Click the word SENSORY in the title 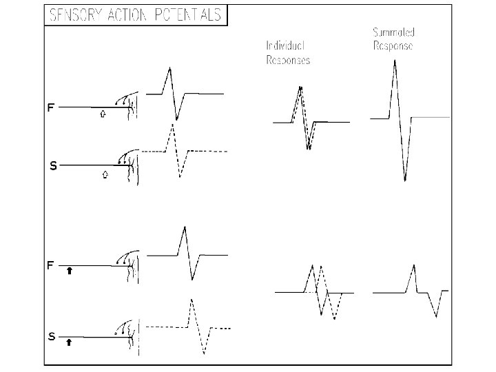(x=72, y=16)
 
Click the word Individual (x=285, y=45)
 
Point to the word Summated (x=393, y=32)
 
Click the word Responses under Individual (x=288, y=60)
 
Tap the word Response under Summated (x=392, y=47)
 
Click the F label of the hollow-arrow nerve (x=51, y=107)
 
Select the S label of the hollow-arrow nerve (x=52, y=166)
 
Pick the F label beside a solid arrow (x=51, y=265)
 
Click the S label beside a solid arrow (x=52, y=337)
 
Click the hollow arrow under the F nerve (x=103, y=115)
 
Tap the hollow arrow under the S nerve (x=104, y=175)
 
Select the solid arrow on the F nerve (x=70, y=271)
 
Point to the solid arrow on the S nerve (x=68, y=341)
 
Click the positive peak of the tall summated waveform (x=394, y=61)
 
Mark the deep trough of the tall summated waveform (x=405, y=180)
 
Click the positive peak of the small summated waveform (x=412, y=265)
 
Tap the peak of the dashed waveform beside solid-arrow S (x=191, y=299)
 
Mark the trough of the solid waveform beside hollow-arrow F (x=177, y=120)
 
